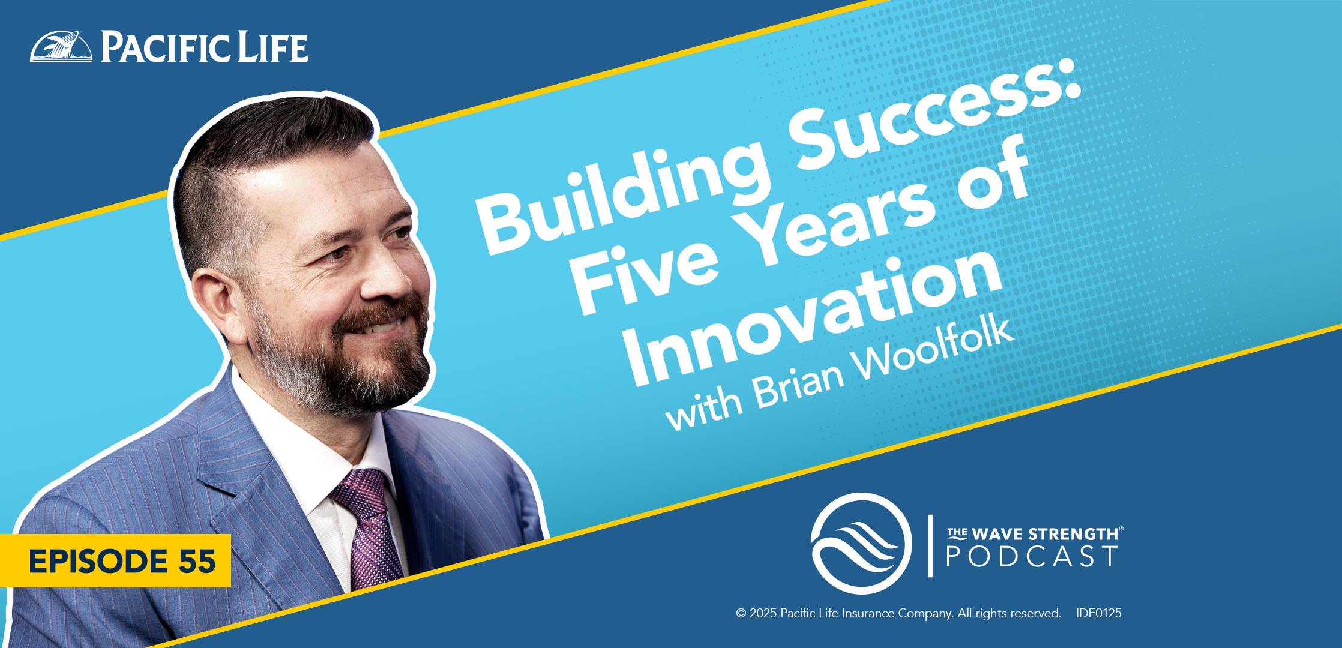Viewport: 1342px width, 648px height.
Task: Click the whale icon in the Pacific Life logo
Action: (61, 46)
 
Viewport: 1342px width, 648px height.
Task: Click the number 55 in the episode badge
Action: (196, 561)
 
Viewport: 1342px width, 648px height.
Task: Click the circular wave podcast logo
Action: (861, 543)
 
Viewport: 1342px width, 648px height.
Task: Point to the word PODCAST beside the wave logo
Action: (1031, 556)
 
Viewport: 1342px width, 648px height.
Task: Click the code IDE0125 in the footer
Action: (1098, 613)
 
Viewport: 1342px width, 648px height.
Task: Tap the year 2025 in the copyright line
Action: (763, 613)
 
